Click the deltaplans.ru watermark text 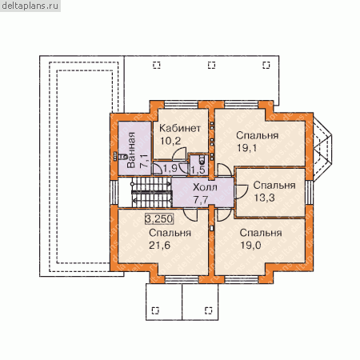30,6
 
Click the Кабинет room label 180,128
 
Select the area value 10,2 170,141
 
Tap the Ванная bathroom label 131,150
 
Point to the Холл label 205,187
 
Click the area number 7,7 201,199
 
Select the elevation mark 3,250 159,219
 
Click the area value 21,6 159,246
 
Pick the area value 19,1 247,148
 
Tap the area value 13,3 264,198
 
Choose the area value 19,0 250,246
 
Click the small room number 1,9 170,168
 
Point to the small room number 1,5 198,170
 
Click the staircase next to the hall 151,192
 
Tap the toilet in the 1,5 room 202,159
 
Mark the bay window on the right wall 322,150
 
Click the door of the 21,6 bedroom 190,216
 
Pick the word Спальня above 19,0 261,233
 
